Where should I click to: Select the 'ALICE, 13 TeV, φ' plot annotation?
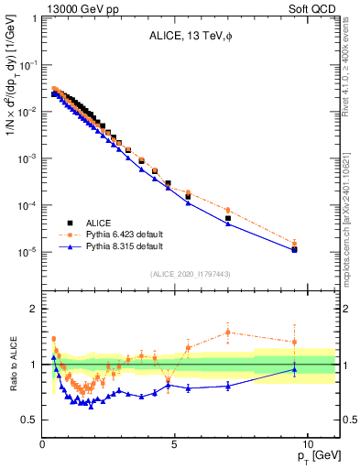coord(190,38)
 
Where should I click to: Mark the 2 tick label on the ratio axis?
coord(32,309)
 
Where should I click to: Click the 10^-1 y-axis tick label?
coord(26,64)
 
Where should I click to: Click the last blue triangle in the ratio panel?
coord(294,369)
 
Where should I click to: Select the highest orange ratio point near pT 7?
coord(228,332)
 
